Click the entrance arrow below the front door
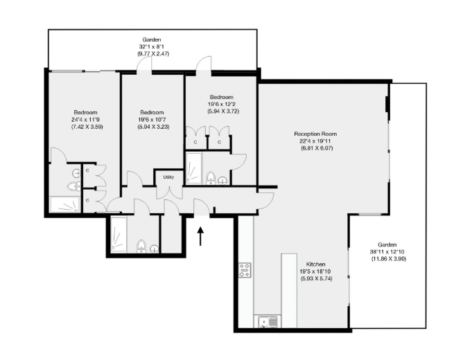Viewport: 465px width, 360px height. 200,236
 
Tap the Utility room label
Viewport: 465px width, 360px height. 168,177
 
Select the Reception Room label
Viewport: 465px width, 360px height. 315,134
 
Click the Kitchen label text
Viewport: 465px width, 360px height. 315,264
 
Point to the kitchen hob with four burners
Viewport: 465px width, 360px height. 245,270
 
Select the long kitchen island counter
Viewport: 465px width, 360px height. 289,290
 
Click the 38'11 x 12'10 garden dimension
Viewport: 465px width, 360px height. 387,252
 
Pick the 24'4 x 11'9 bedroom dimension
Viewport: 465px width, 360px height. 85,120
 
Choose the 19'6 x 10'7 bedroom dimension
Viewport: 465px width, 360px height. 152,120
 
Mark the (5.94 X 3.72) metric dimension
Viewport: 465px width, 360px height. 223,111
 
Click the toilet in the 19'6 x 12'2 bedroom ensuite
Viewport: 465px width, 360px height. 211,178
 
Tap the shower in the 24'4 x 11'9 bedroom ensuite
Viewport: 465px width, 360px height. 64,204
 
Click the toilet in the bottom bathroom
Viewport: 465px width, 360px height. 141,246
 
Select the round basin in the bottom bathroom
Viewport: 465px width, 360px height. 155,249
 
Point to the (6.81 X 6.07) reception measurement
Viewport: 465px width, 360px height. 317,148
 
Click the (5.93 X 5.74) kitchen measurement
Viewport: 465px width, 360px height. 317,278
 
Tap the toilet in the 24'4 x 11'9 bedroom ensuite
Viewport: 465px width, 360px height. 73,186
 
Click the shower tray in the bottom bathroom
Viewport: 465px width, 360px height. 119,235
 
